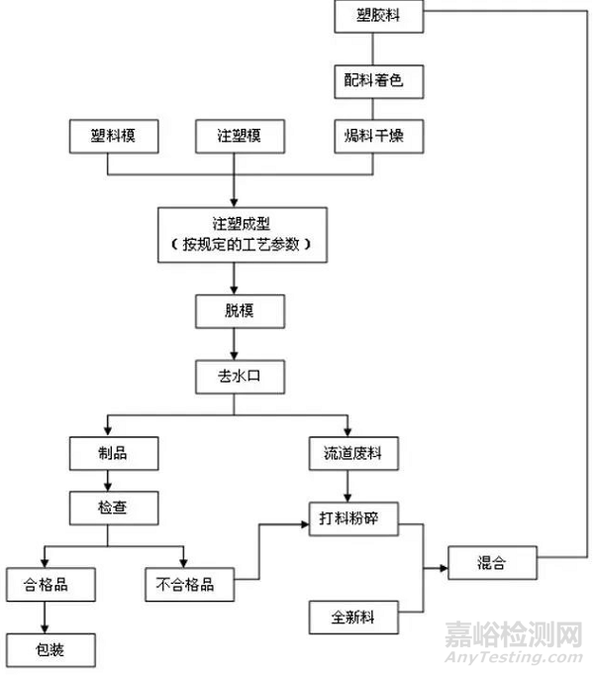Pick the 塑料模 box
[114, 137]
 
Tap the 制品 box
[114, 455]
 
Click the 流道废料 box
[346, 455]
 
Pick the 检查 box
[114, 509]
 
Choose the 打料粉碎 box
[346, 516]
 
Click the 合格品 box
[51, 583]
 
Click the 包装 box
[51, 650]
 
